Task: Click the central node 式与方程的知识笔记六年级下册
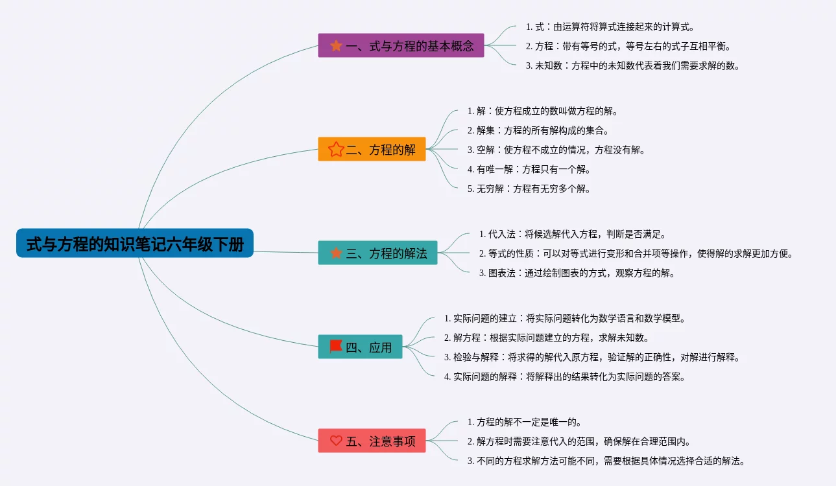(135, 244)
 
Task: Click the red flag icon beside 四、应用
(335, 347)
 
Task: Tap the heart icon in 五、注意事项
(336, 441)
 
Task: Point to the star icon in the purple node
(336, 46)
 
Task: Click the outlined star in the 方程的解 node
(335, 150)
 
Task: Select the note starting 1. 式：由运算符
(610, 27)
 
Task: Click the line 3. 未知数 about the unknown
(632, 65)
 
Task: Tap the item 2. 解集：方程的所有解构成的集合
(538, 130)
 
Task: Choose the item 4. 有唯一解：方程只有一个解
(529, 169)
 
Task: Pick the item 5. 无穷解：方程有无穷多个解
(529, 189)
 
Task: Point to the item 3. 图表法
(577, 273)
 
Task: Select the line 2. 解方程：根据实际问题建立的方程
(546, 338)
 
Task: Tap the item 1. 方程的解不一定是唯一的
(524, 422)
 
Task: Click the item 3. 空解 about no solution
(556, 150)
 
